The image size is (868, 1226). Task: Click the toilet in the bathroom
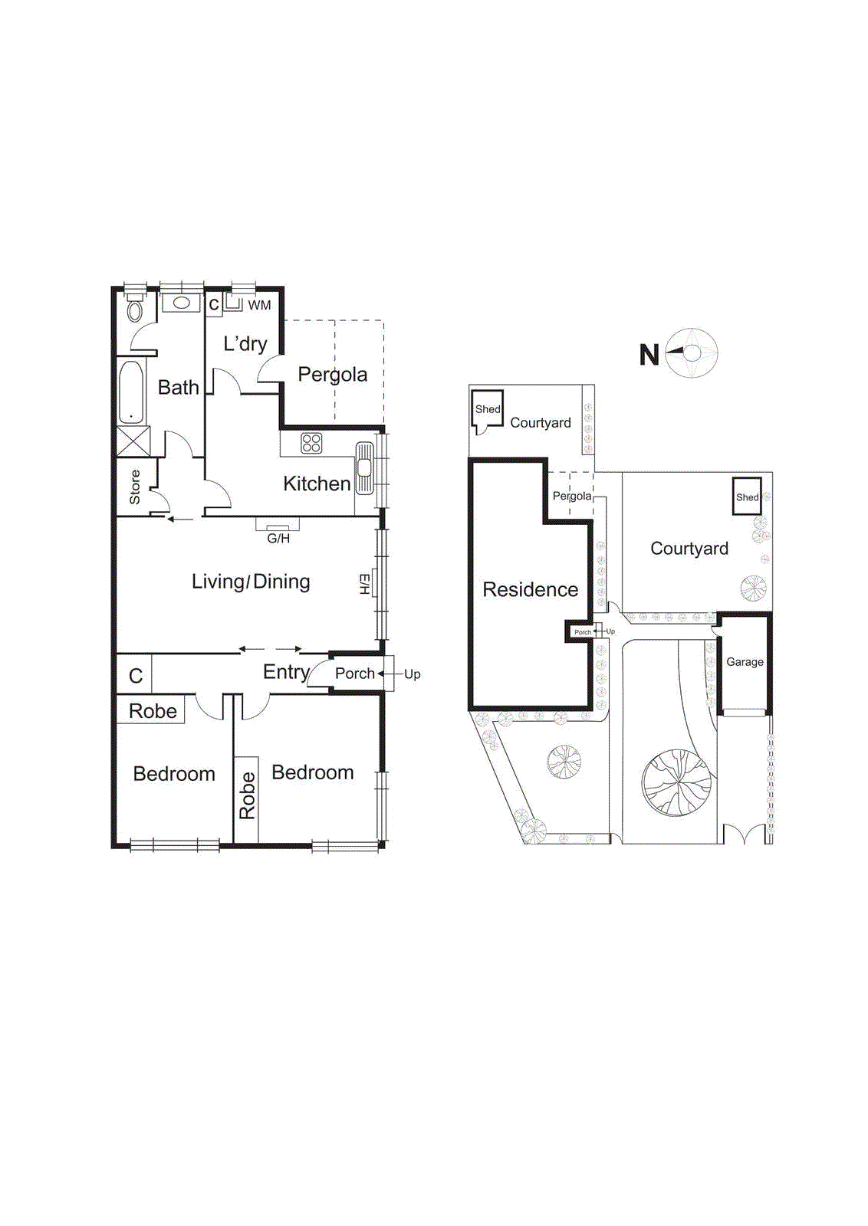pos(135,310)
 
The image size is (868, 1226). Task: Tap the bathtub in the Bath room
pos(132,392)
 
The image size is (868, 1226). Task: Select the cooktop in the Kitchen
pos(311,443)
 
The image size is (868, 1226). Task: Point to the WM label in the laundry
pos(259,305)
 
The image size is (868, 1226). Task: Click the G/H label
pos(278,539)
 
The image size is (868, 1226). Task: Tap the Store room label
pos(135,487)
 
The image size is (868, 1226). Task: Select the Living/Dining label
pos(251,582)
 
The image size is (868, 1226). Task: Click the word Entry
pos(286,672)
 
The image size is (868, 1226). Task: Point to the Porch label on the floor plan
pos(354,674)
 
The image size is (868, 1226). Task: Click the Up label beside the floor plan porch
pos(413,674)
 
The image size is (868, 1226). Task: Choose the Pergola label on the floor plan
pos(332,375)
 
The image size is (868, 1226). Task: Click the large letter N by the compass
pos(649,355)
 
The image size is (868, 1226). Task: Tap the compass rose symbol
pos(692,353)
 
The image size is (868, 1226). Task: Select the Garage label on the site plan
pos(745,662)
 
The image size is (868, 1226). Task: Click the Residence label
pos(530,590)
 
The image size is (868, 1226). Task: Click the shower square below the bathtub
pos(132,442)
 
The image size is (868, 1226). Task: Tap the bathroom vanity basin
pos(182,303)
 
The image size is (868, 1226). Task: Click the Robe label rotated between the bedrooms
pos(247,795)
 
